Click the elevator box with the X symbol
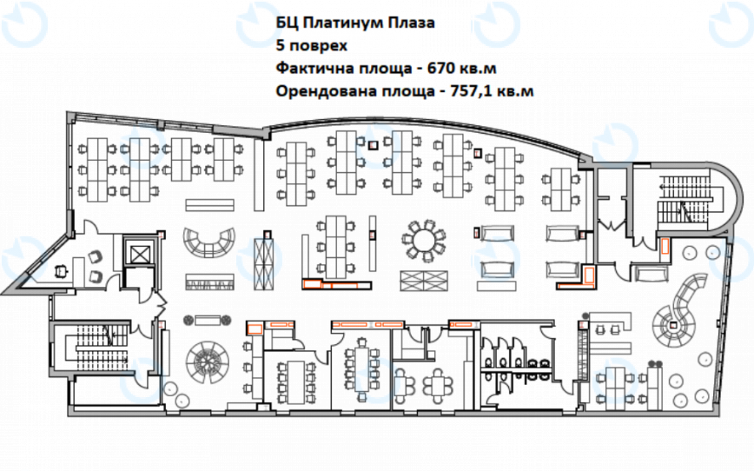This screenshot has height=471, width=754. (139, 252)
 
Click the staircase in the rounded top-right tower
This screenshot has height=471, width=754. (686, 196)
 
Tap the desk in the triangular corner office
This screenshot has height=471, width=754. (63, 267)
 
